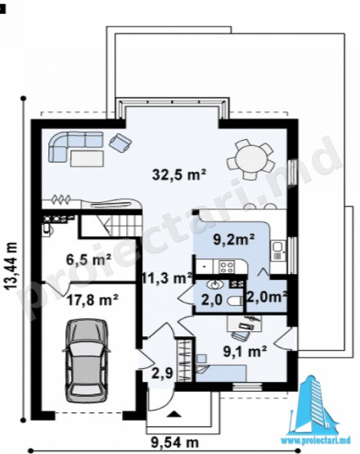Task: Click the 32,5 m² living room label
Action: pyautogui.click(x=179, y=174)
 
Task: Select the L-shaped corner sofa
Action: pyautogui.click(x=76, y=146)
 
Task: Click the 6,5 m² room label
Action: pyautogui.click(x=89, y=259)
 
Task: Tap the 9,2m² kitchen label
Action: pyautogui.click(x=234, y=240)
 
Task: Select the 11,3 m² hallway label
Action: pyautogui.click(x=168, y=278)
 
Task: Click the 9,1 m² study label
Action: pyautogui.click(x=245, y=351)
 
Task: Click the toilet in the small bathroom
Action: pyautogui.click(x=235, y=301)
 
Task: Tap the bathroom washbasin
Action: pyautogui.click(x=215, y=285)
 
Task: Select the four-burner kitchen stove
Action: pyautogui.click(x=226, y=267)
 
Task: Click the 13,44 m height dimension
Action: pyautogui.click(x=11, y=266)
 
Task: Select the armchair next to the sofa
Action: pyautogui.click(x=120, y=142)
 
